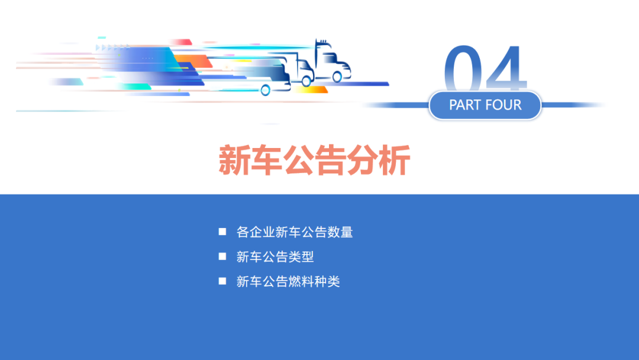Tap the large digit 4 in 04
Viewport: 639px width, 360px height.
click(503, 70)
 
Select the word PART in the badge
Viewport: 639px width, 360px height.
click(466, 105)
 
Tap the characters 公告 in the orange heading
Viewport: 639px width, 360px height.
click(314, 160)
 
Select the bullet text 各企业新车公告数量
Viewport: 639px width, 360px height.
click(295, 232)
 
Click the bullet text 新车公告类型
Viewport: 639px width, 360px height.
click(275, 257)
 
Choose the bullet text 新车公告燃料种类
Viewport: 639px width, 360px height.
click(288, 282)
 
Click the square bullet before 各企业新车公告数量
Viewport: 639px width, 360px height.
click(222, 232)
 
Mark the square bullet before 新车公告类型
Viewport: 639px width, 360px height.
click(222, 256)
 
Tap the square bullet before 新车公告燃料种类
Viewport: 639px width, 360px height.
click(222, 281)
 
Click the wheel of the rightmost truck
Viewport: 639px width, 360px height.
click(337, 76)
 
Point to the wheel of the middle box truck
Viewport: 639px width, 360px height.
click(306, 82)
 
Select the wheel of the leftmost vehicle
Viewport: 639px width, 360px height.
click(265, 90)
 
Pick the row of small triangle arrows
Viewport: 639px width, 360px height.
click(112, 47)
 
